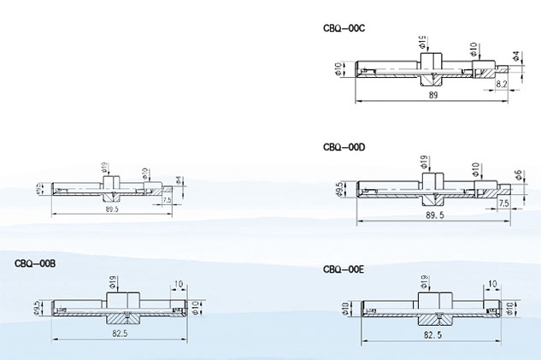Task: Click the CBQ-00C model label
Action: [344, 28]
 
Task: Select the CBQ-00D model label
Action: [344, 147]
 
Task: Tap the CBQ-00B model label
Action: [35, 263]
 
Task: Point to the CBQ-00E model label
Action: [344, 269]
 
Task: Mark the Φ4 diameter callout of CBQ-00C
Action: [516, 56]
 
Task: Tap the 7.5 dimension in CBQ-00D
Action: [503, 204]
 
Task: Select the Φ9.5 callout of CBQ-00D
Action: [341, 189]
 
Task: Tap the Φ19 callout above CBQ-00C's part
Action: [424, 42]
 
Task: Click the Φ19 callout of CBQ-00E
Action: [424, 281]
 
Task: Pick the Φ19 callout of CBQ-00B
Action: [114, 281]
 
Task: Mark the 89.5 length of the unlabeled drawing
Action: [111, 208]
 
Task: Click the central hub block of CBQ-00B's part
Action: [121, 302]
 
